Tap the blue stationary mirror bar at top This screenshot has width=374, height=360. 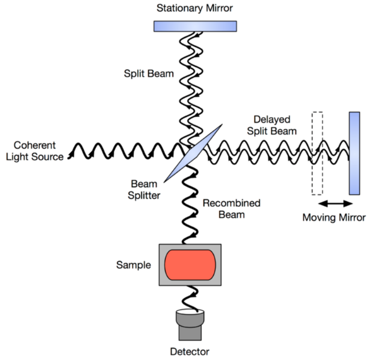coord(195,26)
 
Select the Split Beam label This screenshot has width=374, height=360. coord(149,73)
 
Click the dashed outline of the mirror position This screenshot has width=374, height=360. coord(317,152)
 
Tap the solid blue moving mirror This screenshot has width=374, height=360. coord(354,153)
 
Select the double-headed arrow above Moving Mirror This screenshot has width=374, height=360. coord(335,203)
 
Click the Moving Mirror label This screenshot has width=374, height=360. coord(334,218)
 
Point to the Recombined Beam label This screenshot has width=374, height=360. coord(231,209)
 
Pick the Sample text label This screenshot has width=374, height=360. coord(133,264)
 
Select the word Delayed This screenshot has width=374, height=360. coord(272,120)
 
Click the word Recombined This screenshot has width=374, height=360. coord(231,203)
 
